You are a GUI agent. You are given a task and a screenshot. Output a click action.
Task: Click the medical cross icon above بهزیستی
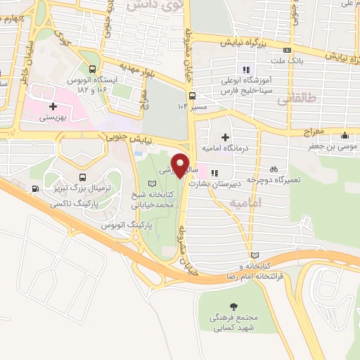pos(53,106)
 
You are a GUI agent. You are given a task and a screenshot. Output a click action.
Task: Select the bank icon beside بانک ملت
pos(287,51)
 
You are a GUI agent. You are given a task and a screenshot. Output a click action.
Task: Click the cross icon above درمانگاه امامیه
pos(224,137)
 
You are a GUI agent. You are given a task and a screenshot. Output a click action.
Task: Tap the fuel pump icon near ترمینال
pos(35,188)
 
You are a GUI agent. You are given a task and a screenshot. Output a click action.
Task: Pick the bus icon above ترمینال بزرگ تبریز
pos(83,178)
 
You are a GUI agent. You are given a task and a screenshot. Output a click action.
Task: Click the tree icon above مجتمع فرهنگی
pos(233,307)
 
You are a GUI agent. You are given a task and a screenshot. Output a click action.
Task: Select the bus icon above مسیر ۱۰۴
pos(191,96)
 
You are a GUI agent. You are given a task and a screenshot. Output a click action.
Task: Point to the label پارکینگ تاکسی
pos(76,204)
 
